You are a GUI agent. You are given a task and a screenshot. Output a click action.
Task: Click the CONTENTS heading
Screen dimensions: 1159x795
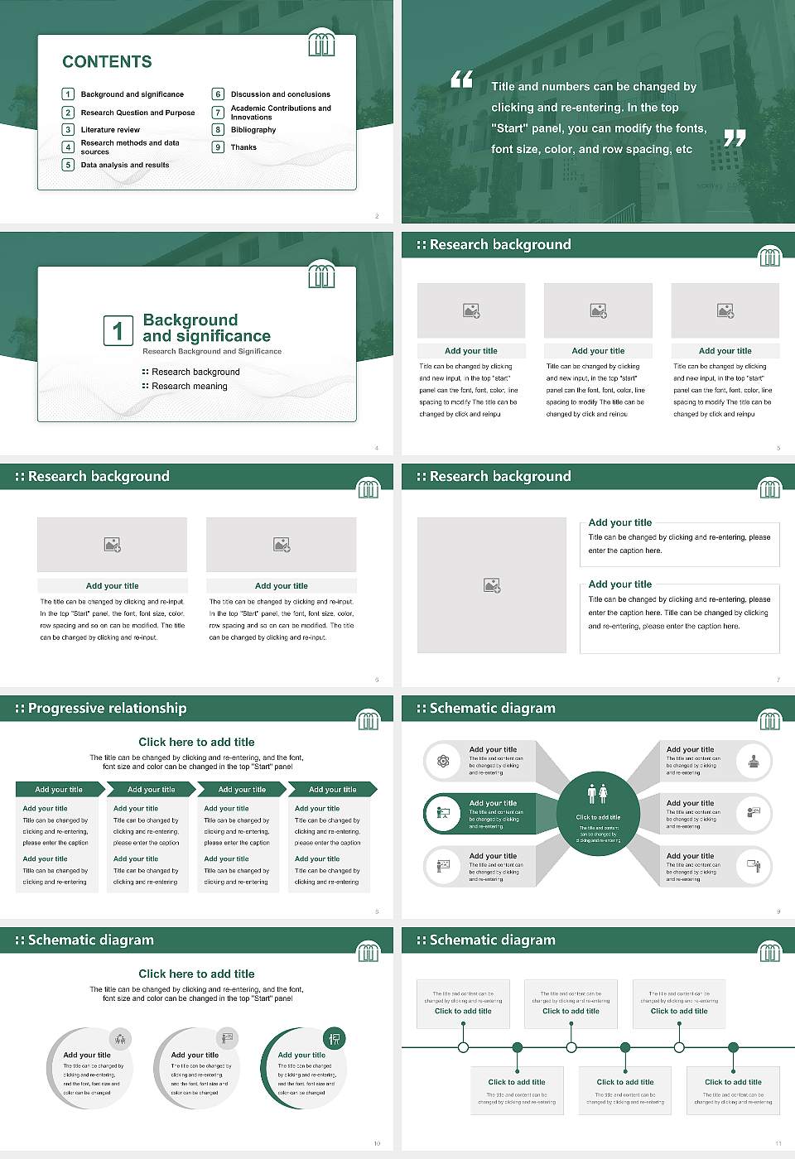(x=107, y=62)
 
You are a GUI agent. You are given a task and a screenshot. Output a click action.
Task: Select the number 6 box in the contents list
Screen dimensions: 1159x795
(x=218, y=94)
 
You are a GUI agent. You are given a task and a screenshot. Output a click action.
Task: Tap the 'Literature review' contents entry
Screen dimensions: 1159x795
(x=110, y=130)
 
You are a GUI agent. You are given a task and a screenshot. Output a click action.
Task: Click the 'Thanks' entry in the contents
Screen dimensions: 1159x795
(x=243, y=147)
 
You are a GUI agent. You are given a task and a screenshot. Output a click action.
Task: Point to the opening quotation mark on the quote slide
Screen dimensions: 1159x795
(x=461, y=79)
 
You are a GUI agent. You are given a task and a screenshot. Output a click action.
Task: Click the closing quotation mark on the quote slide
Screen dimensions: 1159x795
(x=735, y=138)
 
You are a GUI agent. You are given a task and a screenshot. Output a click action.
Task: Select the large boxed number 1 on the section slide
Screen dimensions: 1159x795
(x=118, y=330)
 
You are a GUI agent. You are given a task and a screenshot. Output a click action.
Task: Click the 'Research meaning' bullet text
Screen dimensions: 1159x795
(x=189, y=387)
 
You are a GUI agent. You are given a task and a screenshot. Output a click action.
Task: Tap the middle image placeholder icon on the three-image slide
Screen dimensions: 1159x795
(x=598, y=310)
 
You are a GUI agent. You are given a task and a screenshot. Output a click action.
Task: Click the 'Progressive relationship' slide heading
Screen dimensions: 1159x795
(x=107, y=709)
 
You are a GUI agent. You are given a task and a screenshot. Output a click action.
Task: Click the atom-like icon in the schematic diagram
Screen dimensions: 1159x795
(x=443, y=761)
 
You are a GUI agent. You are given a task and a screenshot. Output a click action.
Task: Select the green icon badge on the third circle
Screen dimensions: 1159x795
(x=335, y=1038)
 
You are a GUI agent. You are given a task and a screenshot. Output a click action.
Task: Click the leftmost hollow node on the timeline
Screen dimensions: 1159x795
(x=463, y=1047)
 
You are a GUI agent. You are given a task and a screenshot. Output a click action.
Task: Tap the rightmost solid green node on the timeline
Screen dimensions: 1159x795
(x=733, y=1047)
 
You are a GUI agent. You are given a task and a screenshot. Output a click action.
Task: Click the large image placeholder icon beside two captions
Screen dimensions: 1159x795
(x=492, y=585)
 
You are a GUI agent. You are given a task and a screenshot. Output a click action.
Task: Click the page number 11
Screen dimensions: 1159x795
(x=778, y=1143)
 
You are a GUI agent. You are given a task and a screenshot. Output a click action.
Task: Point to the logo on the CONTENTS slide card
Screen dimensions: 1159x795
(x=321, y=43)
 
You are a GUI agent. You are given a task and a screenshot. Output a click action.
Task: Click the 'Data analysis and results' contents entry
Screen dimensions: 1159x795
(x=124, y=166)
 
